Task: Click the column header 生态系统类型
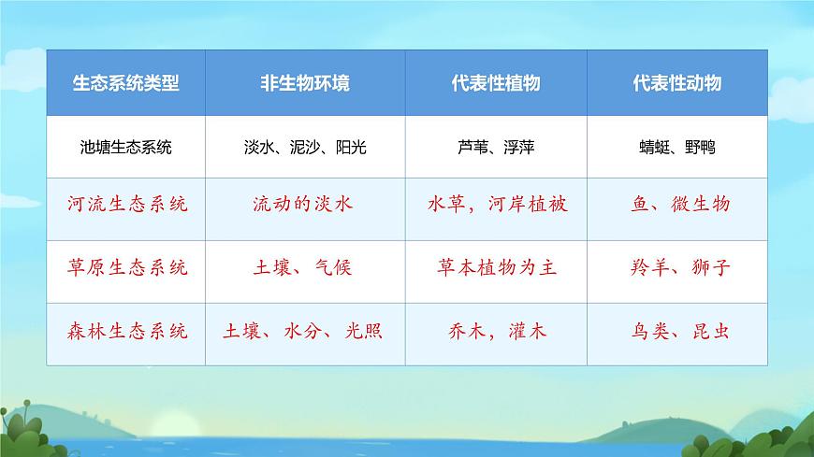pyautogui.click(x=125, y=83)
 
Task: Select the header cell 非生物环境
pyautogui.click(x=305, y=83)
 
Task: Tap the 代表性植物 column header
pyautogui.click(x=495, y=83)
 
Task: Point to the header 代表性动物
pyautogui.click(x=676, y=83)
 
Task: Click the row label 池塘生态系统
pyautogui.click(x=125, y=147)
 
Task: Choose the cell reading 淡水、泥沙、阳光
pyautogui.click(x=305, y=147)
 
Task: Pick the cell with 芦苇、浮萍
pyautogui.click(x=497, y=147)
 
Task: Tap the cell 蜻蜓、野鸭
pyautogui.click(x=676, y=147)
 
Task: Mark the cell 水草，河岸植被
pyautogui.click(x=497, y=205)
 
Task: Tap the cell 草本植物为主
pyautogui.click(x=497, y=268)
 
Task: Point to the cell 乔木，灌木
pyautogui.click(x=497, y=331)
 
